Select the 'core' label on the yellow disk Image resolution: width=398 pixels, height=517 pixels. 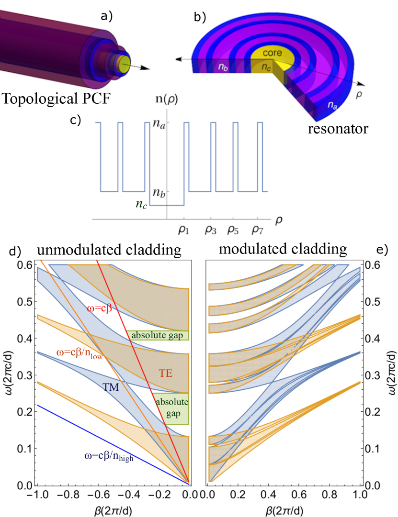point(272,53)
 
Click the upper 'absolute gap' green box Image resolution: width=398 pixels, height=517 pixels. point(158,335)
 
